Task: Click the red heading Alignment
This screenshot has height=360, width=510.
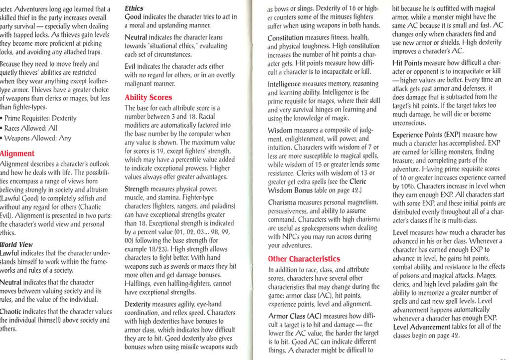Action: pos(18,153)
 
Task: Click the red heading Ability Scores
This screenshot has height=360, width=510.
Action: pos(148,97)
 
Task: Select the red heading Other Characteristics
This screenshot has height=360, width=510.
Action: pos(304,259)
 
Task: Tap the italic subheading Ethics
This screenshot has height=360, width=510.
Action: pos(134,8)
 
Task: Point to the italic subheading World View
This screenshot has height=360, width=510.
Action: pos(16,244)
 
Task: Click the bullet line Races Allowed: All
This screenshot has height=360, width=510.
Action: pos(30,128)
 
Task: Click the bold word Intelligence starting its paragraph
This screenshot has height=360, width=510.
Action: pos(287,85)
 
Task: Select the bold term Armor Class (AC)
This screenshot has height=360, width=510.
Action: pos(294,317)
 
